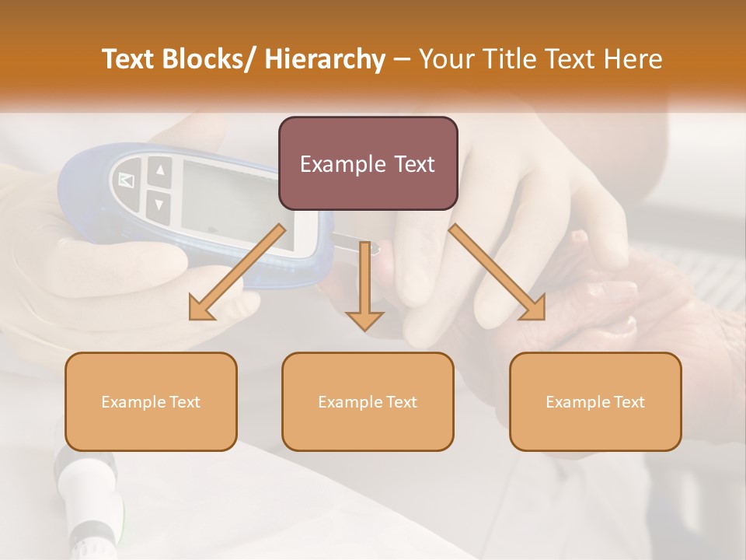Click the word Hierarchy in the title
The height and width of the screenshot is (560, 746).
coord(325,59)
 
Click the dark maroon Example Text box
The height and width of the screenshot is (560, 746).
coord(368,163)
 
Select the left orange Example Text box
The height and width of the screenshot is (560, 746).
coord(151,401)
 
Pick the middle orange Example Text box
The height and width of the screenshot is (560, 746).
coord(368,401)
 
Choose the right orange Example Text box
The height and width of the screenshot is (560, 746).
coord(595,401)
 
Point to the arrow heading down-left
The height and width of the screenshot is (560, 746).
coord(237,272)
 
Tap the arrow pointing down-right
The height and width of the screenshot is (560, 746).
coord(497,272)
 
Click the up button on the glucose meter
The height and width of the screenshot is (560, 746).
coord(159,170)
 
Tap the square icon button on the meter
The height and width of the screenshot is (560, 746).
coord(126,180)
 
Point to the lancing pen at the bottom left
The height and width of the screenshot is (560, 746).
coord(85,498)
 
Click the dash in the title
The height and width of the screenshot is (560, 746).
coord(402,59)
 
